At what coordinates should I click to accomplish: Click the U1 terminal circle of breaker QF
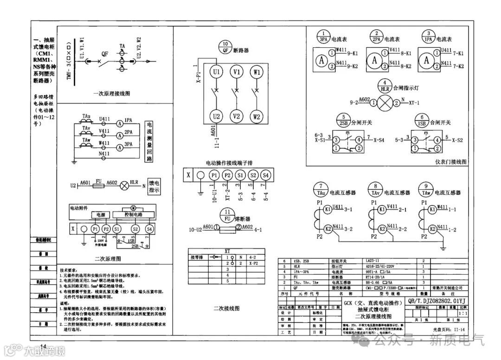coord(216,72)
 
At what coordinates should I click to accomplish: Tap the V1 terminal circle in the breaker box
coord(237,72)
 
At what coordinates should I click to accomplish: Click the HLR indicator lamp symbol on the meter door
coord(384,103)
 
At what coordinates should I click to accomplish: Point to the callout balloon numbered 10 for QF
coord(225,47)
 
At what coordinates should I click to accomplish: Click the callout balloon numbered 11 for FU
coord(227,216)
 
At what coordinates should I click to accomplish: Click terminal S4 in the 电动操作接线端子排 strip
coord(265,175)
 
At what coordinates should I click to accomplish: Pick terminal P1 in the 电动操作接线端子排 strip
coord(214,175)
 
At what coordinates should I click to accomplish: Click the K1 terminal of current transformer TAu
coord(327,209)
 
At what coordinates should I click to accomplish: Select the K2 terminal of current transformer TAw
coord(432,229)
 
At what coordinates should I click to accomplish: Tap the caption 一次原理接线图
coord(111,93)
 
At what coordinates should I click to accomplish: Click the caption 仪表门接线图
coord(450,162)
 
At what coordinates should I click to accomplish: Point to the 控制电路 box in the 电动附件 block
coord(134,215)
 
